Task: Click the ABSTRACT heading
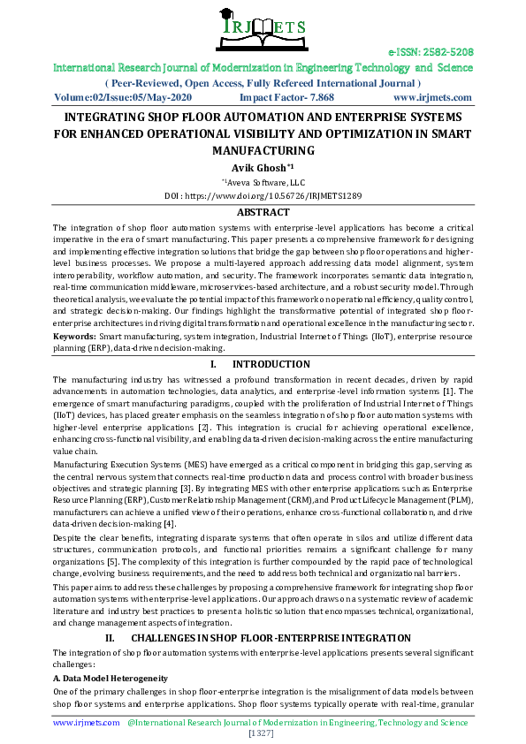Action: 263,212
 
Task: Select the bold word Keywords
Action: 74,337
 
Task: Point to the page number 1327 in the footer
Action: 263,733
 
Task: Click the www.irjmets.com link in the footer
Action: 86,722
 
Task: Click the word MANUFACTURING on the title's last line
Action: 263,150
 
